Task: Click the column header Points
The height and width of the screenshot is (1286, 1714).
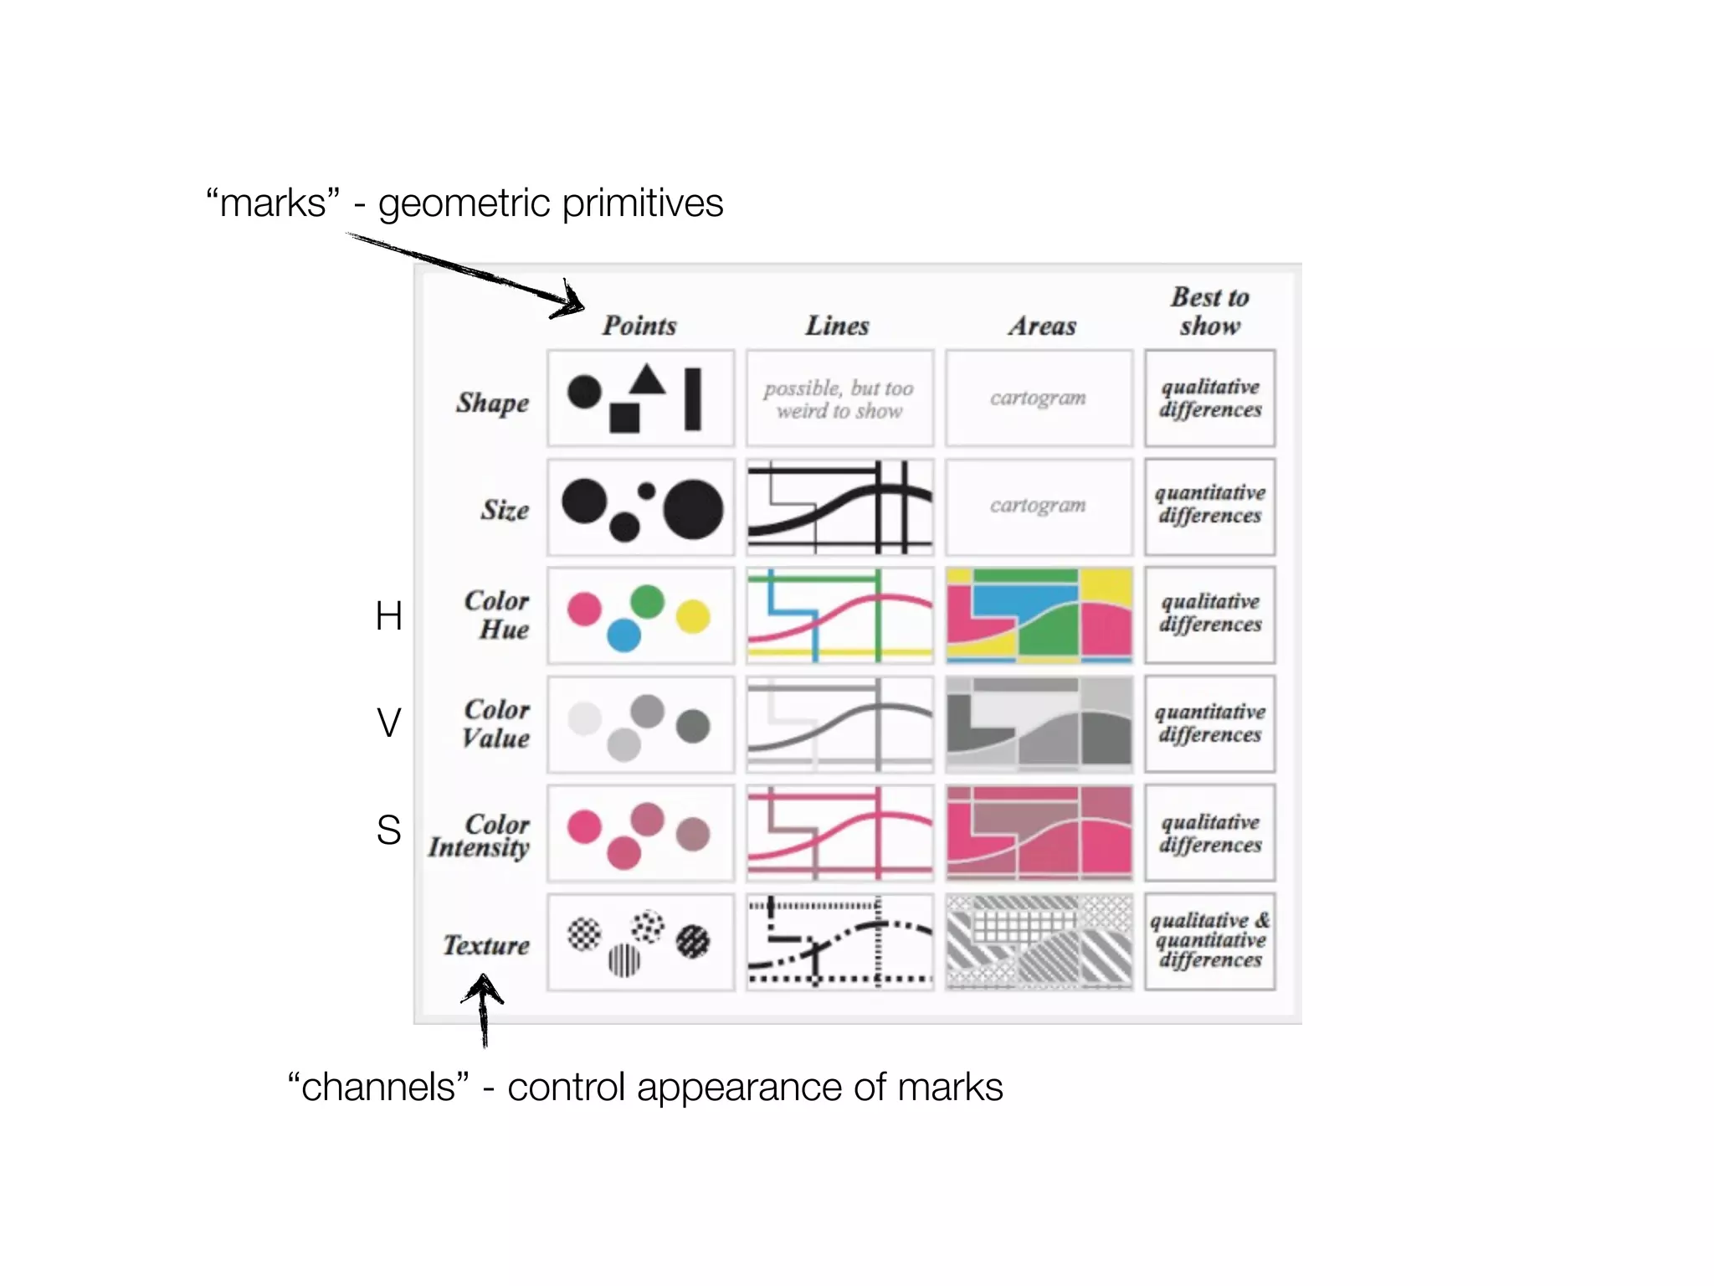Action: click(639, 325)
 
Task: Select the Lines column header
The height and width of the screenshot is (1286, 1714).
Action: click(837, 325)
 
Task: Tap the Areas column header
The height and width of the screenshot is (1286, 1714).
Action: click(1042, 325)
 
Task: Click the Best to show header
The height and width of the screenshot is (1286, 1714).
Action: click(1209, 311)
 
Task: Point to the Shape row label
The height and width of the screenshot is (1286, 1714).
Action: click(492, 403)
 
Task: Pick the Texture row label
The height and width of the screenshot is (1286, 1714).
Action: click(486, 945)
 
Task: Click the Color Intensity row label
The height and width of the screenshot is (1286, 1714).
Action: click(480, 836)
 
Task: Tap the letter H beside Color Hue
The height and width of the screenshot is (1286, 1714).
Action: click(389, 616)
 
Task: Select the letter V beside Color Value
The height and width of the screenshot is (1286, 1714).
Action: click(389, 723)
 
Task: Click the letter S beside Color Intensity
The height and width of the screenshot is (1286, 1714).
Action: click(389, 830)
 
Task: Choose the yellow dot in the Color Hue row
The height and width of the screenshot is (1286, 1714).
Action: click(693, 617)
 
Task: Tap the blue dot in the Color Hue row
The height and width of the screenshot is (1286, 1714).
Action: click(624, 635)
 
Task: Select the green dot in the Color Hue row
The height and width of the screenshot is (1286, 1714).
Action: click(647, 600)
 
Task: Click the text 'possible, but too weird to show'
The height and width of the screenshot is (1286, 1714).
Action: click(839, 399)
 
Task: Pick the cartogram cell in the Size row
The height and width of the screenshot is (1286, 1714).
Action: click(1038, 506)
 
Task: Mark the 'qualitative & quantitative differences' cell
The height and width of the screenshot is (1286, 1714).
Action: click(1209, 941)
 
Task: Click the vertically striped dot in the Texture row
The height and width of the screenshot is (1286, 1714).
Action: click(624, 960)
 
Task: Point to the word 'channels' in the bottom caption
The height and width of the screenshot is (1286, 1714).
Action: click(378, 1087)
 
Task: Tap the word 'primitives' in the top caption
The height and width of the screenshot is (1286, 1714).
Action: click(642, 203)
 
